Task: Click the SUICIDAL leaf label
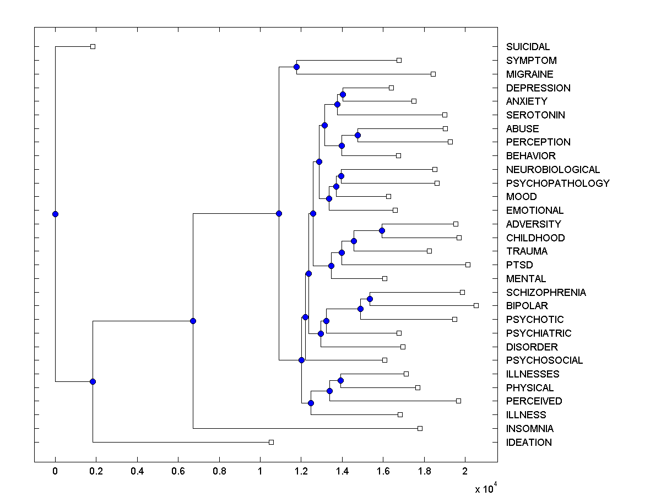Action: coord(528,47)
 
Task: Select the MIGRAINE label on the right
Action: coord(529,74)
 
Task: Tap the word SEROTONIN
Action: coord(535,115)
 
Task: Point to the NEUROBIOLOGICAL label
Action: coord(552,169)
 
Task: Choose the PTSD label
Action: coord(519,265)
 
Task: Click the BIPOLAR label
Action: coord(527,305)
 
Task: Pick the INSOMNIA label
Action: coord(530,428)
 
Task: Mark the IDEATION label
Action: coord(529,442)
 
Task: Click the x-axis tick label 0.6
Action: coord(178,471)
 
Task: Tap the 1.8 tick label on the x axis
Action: coord(424,471)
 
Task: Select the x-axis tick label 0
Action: coord(55,471)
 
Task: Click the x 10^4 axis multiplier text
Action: coord(486,488)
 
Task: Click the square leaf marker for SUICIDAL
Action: coord(93,46)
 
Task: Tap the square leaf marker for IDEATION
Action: coord(271,442)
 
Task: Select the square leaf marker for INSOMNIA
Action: coord(420,428)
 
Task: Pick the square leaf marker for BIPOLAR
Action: coord(476,305)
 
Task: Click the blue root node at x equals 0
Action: coord(55,214)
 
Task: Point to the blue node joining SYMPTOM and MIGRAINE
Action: coord(296,67)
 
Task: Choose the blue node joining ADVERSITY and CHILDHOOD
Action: coord(382,230)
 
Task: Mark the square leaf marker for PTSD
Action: coord(468,265)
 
